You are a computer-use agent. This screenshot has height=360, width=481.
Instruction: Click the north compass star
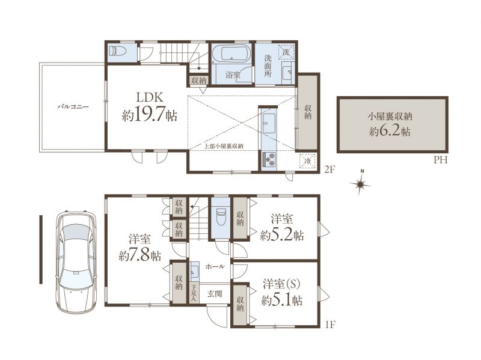tap(360, 183)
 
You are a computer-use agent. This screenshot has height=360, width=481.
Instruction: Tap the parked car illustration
tap(76, 261)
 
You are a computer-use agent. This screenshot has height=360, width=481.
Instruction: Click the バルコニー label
tap(73, 107)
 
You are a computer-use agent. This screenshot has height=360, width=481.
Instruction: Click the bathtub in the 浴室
tap(231, 53)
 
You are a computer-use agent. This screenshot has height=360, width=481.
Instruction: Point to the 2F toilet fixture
tap(117, 51)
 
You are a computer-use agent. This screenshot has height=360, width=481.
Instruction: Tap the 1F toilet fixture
tap(219, 217)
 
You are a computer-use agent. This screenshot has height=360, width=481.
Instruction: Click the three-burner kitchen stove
tap(269, 159)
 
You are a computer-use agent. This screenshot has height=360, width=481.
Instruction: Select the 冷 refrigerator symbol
tap(308, 160)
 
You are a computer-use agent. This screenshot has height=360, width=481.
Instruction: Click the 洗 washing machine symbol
tap(286, 52)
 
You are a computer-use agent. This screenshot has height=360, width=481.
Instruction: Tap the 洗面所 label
tap(268, 66)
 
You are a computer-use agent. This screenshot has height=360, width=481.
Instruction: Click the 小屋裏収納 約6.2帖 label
tap(390, 124)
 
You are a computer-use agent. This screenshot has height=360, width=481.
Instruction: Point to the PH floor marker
tap(440, 160)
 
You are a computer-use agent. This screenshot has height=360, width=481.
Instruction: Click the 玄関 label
tap(215, 294)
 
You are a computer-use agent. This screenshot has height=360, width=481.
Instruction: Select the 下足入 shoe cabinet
tap(194, 293)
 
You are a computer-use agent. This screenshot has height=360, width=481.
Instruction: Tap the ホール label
tap(215, 266)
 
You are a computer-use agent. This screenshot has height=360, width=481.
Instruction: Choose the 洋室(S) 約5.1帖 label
tap(281, 292)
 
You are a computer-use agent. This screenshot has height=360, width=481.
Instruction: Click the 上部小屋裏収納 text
tap(224, 146)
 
